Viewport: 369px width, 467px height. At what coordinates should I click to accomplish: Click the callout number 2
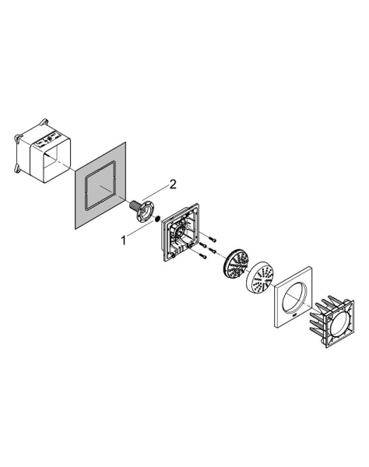(173, 184)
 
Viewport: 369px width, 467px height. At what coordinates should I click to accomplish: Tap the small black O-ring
(158, 219)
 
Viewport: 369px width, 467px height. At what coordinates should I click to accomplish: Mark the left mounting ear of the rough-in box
(16, 139)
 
